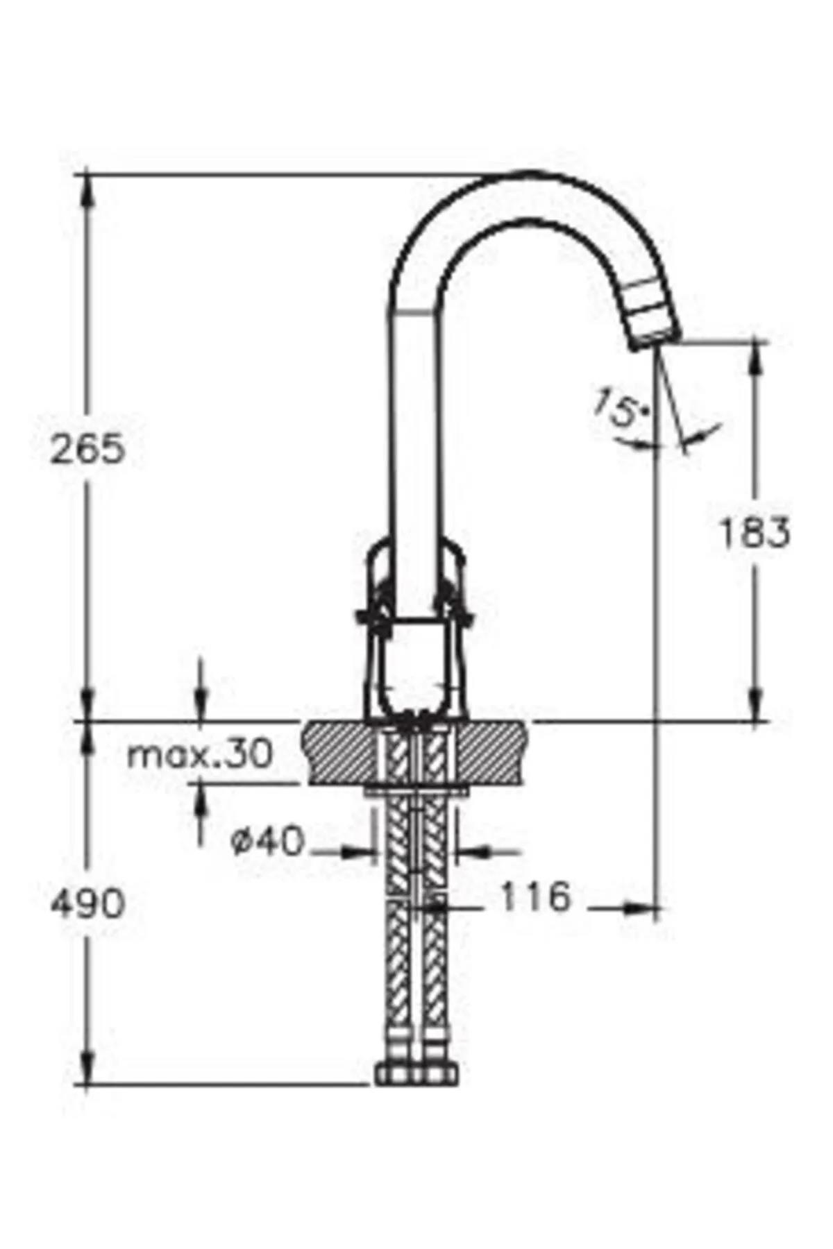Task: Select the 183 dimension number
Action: click(753, 534)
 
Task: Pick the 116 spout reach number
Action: click(535, 897)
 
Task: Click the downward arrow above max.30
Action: click(201, 708)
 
